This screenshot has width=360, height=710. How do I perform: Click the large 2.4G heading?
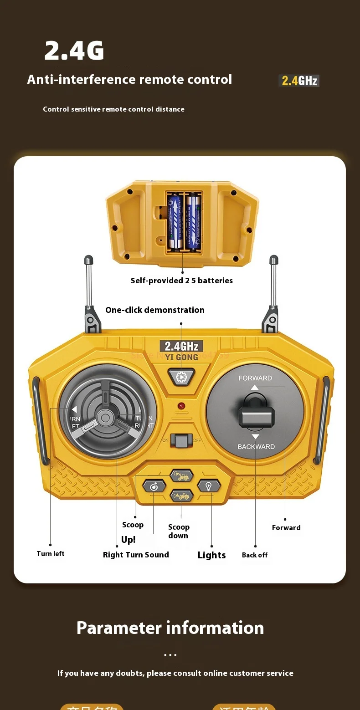(x=74, y=51)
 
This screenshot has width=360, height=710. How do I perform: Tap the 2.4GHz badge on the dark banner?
(x=299, y=81)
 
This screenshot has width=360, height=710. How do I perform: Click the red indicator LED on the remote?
(x=181, y=405)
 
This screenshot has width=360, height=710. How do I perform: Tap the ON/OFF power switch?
(x=181, y=440)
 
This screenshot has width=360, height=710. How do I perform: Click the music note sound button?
(x=154, y=486)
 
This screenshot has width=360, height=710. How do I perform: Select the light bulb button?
(x=209, y=486)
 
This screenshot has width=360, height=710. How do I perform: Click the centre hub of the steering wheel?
(x=106, y=417)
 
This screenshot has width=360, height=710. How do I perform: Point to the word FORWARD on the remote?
(x=255, y=378)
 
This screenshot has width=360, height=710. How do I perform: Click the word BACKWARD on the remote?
(x=256, y=447)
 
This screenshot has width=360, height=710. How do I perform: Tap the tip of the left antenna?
(x=88, y=260)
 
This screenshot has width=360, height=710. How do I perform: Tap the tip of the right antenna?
(x=274, y=260)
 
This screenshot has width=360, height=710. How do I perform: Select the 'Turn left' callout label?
(x=51, y=554)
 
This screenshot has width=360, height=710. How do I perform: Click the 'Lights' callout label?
(x=211, y=555)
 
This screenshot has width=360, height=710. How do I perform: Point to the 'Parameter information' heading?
(x=170, y=628)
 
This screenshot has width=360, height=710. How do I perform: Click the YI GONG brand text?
(x=181, y=357)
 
